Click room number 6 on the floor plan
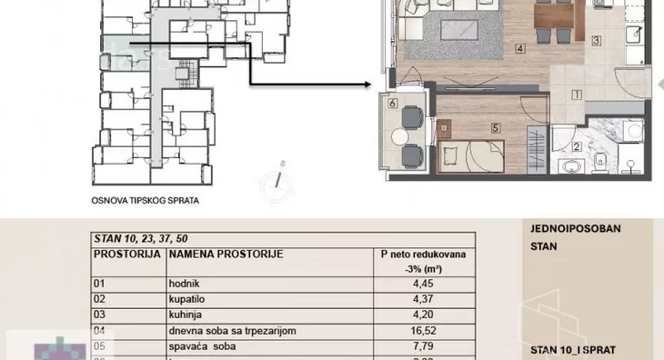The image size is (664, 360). point(392,105)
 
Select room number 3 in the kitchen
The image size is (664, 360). point(597,40)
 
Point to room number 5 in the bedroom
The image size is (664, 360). point(496,128)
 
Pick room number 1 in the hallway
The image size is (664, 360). point(577,93)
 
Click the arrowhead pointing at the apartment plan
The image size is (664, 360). point(367,86)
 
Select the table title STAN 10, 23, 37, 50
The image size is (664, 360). point(139,240)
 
